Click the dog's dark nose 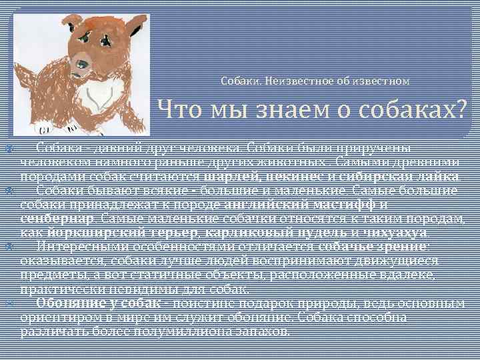(x=82, y=65)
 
